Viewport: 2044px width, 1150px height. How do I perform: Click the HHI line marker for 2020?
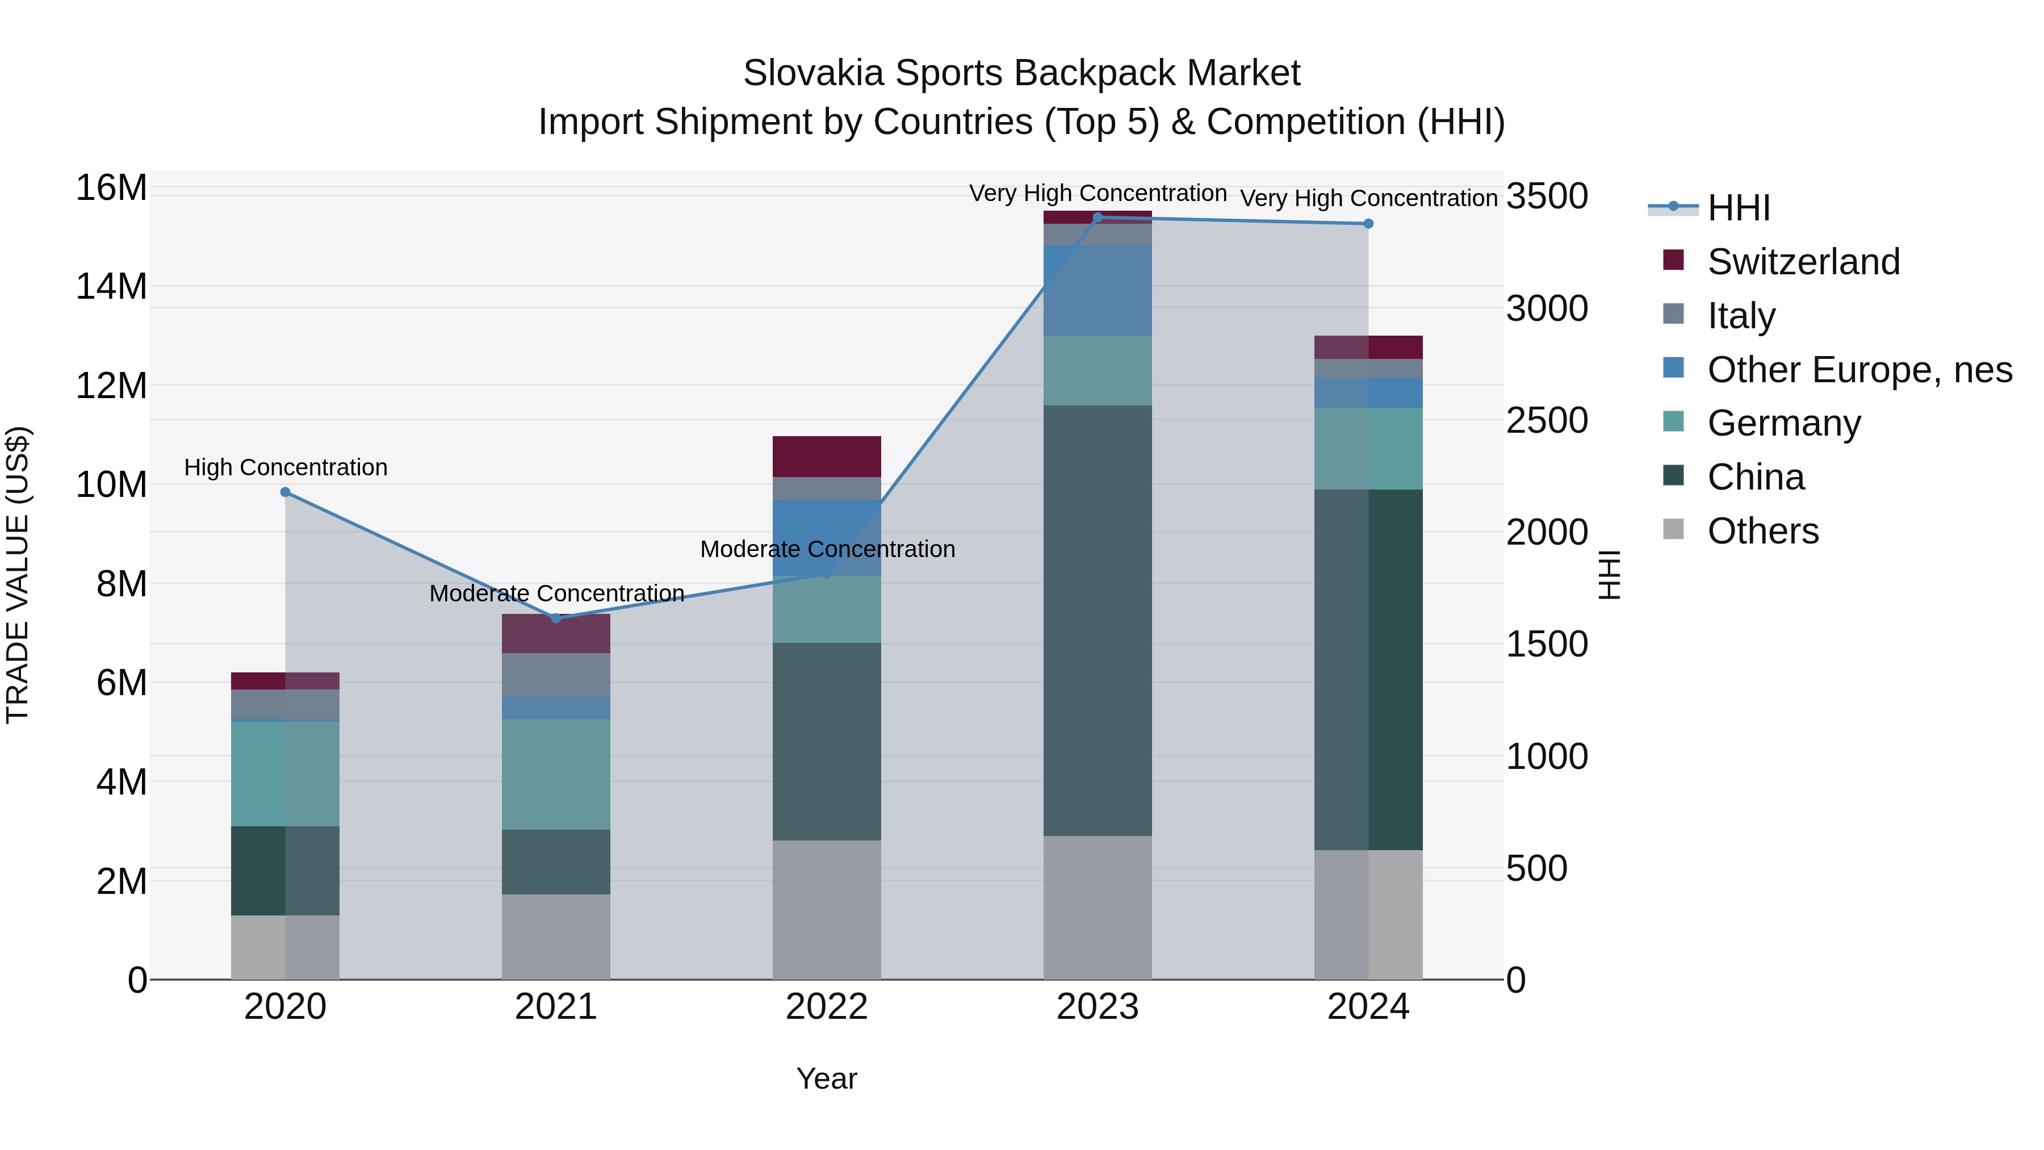[x=286, y=492]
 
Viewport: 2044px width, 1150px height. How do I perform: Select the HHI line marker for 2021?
[x=556, y=618]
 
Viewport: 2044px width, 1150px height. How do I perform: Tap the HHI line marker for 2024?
[x=1368, y=224]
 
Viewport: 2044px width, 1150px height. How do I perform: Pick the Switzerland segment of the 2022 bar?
[x=827, y=457]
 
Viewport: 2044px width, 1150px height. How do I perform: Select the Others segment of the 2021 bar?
[x=556, y=936]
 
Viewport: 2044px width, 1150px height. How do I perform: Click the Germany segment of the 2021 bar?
[x=556, y=774]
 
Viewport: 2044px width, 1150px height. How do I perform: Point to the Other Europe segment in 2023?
[x=1098, y=290]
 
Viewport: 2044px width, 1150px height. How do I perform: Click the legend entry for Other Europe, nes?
[x=1859, y=370]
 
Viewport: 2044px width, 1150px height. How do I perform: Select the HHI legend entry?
[x=1738, y=208]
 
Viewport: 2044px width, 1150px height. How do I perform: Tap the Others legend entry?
[x=1762, y=531]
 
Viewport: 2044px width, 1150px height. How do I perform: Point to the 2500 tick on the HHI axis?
[x=1547, y=421]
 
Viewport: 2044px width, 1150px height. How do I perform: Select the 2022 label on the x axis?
[x=827, y=1007]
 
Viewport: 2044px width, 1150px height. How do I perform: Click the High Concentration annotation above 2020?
[x=286, y=467]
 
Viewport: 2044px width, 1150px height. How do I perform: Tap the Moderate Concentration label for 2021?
[x=556, y=593]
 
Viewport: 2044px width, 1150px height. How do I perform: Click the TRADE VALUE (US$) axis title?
[x=18, y=575]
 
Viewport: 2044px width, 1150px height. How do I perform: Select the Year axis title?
[x=827, y=1078]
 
